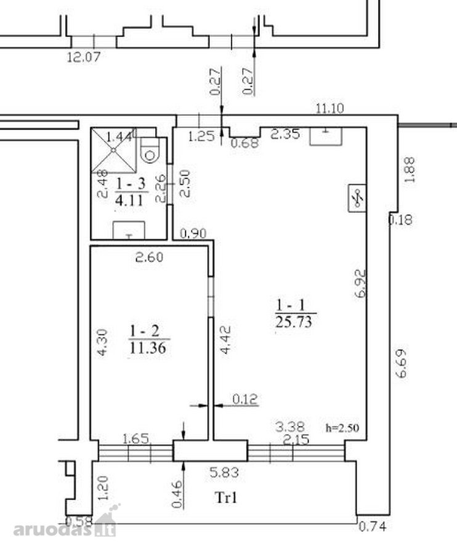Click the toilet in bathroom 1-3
150,150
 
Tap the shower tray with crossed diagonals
113,150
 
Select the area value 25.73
294,322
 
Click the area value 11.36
147,348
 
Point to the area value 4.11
129,200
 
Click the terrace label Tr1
226,497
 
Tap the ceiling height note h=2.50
342,428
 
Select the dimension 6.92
360,284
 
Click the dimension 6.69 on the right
401,364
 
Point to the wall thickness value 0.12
245,399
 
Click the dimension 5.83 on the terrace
224,472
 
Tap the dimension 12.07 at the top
84,57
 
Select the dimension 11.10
330,108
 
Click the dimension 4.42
225,340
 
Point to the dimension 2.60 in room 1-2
150,257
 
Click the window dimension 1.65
135,439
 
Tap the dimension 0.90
193,233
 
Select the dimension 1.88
409,170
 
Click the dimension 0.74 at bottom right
373,527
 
